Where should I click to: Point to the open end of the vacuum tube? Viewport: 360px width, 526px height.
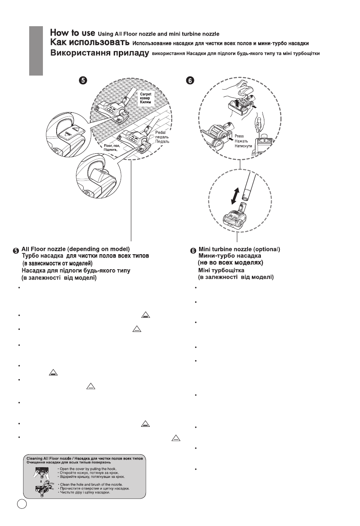[245, 198]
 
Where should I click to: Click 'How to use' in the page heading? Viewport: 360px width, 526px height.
[72, 33]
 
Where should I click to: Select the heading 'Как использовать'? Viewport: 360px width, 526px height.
[90, 43]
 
